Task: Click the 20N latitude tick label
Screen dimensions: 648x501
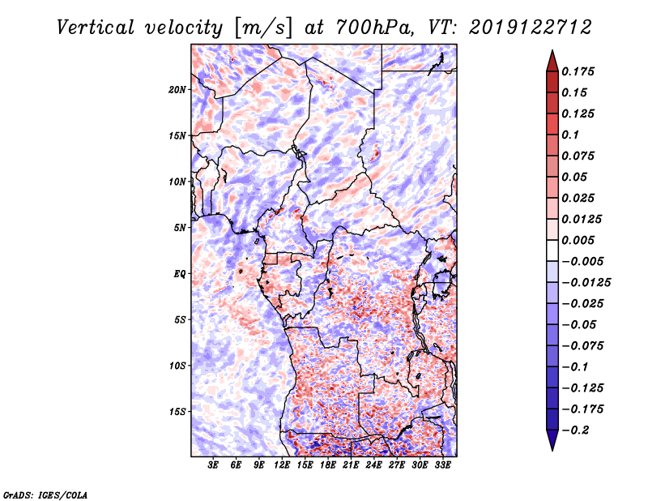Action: point(177,89)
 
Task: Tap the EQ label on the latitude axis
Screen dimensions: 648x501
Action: point(180,273)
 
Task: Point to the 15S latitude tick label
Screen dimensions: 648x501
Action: point(177,412)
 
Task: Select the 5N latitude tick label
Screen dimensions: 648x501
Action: point(180,228)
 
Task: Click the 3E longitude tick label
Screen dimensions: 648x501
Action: point(213,465)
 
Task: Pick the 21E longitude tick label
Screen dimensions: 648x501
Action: point(351,465)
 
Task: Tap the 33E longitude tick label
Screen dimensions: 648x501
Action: point(442,465)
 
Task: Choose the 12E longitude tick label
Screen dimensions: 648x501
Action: point(281,465)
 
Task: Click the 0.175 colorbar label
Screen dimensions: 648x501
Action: point(578,71)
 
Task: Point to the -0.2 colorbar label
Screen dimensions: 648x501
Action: point(575,430)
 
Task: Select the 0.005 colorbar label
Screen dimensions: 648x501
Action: point(578,240)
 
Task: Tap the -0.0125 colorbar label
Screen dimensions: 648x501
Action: point(586,283)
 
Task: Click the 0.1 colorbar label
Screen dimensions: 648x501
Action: point(570,135)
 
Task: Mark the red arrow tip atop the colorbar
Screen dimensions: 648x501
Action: point(552,50)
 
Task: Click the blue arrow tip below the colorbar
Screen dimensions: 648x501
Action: point(552,450)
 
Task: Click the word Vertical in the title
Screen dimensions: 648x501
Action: point(96,28)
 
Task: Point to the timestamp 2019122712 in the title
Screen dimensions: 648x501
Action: point(530,28)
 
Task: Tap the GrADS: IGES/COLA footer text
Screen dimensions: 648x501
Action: point(45,495)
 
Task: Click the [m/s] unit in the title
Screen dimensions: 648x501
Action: point(263,28)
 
